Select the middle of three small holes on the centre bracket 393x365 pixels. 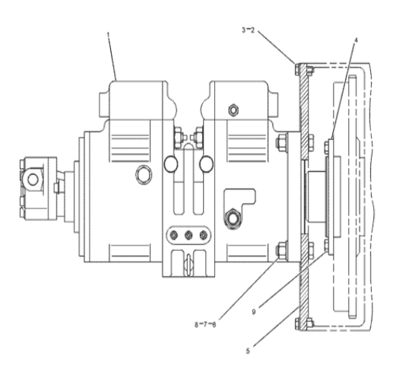point(187,236)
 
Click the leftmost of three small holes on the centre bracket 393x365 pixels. point(173,236)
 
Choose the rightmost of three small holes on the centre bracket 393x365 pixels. point(202,236)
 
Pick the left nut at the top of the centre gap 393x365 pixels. point(177,138)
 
